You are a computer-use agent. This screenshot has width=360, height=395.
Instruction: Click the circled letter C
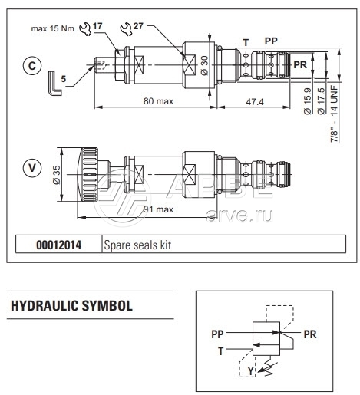tap(32, 66)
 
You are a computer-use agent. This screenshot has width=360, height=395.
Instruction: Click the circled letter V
tap(32, 168)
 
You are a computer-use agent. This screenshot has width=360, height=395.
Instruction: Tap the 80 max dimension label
tap(158, 101)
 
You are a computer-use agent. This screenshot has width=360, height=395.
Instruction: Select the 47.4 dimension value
tap(255, 102)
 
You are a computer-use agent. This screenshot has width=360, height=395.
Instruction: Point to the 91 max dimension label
tap(158, 209)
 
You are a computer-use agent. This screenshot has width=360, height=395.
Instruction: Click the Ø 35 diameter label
tap(57, 175)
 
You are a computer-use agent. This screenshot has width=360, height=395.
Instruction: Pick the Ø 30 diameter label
tap(205, 65)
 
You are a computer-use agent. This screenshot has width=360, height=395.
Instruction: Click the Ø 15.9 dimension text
tap(307, 101)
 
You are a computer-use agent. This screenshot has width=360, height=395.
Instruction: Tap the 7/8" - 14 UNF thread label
tap(335, 114)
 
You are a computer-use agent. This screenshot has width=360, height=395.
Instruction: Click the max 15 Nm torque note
tap(52, 28)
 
